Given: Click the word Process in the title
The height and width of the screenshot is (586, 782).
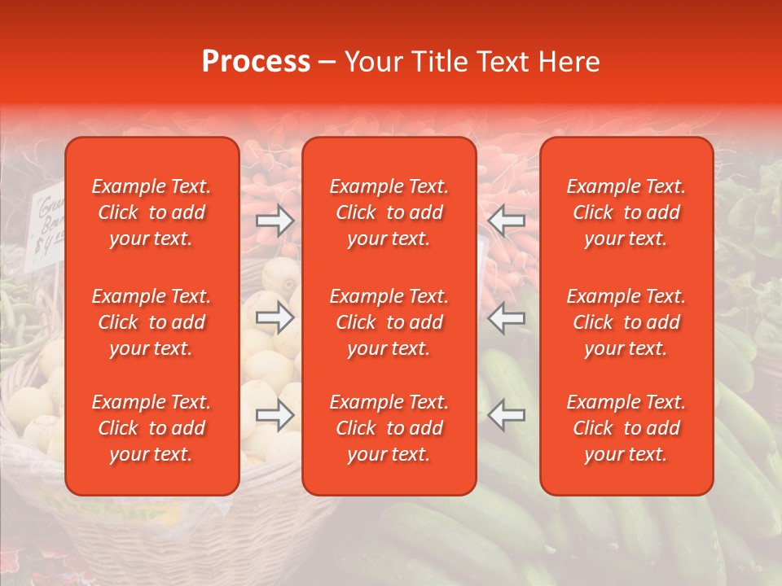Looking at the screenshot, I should click(256, 62).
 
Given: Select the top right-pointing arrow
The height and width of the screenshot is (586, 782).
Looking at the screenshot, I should click(275, 221).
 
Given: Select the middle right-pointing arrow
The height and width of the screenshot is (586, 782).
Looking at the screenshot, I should click(275, 317).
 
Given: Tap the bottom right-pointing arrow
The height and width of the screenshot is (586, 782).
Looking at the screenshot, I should click(275, 415).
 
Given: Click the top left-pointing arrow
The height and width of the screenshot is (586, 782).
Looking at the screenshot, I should click(507, 221).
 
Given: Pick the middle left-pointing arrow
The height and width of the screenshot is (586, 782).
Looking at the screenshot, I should click(507, 317).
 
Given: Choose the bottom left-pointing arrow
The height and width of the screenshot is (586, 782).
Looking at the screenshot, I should click(507, 415).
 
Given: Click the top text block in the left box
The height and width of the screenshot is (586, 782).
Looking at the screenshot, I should click(152, 212).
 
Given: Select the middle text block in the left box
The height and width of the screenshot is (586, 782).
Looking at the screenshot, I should click(152, 322).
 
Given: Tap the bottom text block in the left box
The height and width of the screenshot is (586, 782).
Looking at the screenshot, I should click(152, 428).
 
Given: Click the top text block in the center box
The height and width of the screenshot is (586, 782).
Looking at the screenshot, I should click(389, 212).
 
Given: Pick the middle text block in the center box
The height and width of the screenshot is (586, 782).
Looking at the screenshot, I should click(389, 322).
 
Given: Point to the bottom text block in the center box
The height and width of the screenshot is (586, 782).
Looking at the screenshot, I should click(389, 428).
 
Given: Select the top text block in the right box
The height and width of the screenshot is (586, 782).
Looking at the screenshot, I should click(626, 212).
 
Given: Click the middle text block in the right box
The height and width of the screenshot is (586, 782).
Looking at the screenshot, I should click(626, 322).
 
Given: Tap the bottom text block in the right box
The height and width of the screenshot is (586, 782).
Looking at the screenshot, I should click(626, 428).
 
